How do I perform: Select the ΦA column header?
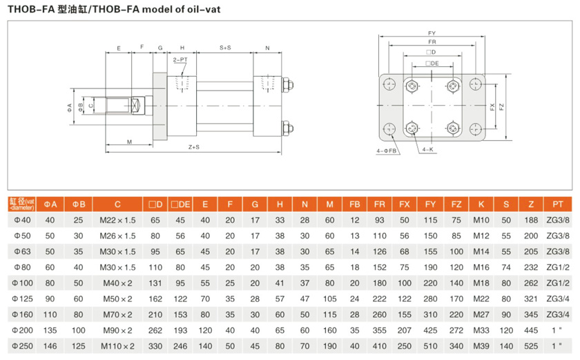click(50, 204)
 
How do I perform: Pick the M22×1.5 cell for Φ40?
click(117, 220)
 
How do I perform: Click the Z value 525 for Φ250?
click(530, 345)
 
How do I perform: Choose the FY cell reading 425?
click(430, 330)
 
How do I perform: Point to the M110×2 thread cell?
click(117, 345)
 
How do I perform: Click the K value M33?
click(481, 330)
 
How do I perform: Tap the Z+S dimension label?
click(194, 147)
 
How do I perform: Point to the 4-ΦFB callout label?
click(387, 150)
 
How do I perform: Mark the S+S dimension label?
click(225, 48)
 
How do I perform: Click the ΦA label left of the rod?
click(70, 107)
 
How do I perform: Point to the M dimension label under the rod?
click(129, 142)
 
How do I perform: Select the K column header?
click(481, 204)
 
